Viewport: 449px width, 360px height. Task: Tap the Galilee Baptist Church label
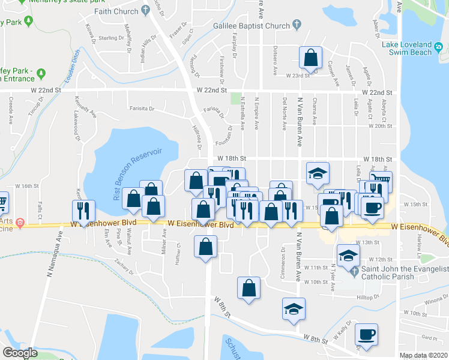point(252,26)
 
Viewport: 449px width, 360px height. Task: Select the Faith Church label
point(116,11)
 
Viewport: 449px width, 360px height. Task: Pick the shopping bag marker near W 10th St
point(249,289)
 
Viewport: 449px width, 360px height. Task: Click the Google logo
point(20,352)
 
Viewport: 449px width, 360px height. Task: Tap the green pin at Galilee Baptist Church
point(297,25)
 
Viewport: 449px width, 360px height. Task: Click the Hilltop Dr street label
point(369,297)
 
